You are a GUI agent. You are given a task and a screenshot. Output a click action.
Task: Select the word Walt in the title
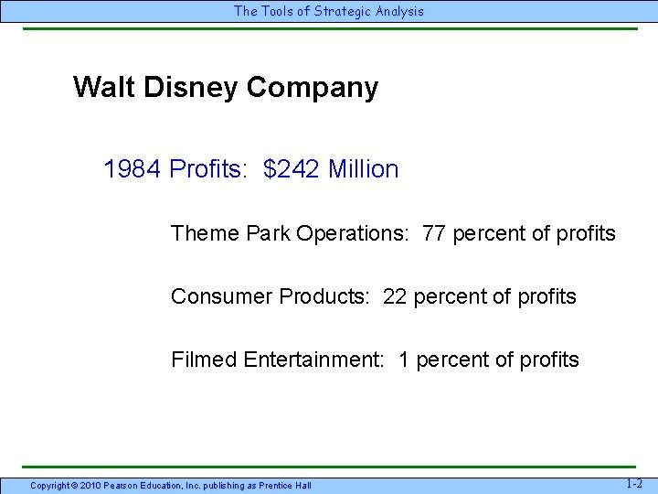(97, 88)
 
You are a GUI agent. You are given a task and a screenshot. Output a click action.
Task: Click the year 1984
(133, 169)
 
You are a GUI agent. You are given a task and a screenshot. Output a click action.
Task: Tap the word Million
(363, 169)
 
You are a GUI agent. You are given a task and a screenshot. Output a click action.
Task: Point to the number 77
(434, 233)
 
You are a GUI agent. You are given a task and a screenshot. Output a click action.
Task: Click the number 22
(395, 296)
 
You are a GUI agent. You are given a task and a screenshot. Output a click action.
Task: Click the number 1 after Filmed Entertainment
(404, 360)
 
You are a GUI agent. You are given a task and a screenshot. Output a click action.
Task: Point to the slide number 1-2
(634, 483)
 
